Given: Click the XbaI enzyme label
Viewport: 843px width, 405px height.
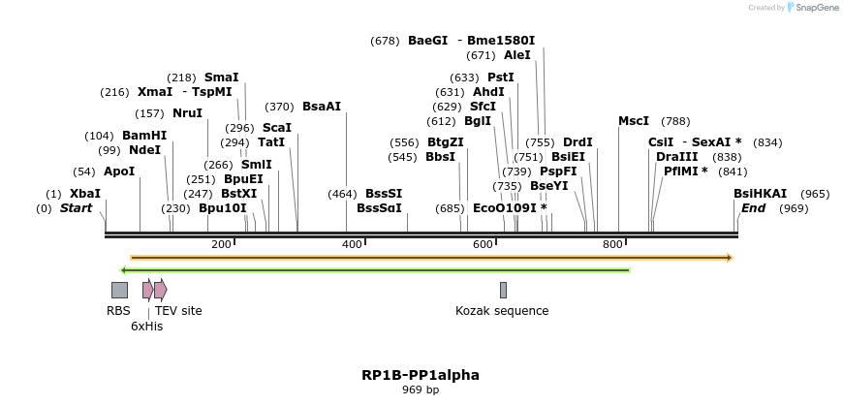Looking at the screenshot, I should click(84, 194).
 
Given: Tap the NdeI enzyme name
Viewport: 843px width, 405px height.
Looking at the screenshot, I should click(144, 150).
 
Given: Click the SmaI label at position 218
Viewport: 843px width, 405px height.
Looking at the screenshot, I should click(221, 78).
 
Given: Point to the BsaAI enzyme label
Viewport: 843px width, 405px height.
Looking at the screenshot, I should click(322, 107).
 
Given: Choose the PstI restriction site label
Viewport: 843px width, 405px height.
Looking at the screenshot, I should click(500, 78).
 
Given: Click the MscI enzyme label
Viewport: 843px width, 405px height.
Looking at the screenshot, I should click(634, 121).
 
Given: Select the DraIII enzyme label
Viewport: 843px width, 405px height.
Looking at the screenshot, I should click(676, 157).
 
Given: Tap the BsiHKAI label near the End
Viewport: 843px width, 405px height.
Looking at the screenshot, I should click(760, 194).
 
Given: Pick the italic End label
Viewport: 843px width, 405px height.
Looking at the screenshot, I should click(753, 208).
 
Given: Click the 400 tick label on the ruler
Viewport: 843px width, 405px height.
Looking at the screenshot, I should click(352, 244).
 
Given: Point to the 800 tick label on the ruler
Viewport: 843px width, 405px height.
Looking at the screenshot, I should click(612, 244).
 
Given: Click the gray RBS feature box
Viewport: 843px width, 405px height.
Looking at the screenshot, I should click(119, 290).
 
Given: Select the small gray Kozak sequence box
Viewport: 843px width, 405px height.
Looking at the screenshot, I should click(503, 290).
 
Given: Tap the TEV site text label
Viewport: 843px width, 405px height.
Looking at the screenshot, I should click(178, 311).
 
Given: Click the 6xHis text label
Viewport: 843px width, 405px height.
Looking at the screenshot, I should click(147, 327).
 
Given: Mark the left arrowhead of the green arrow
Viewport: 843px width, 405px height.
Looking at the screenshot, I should click(123, 269).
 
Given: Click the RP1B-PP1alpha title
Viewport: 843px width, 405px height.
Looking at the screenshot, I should click(421, 375).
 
